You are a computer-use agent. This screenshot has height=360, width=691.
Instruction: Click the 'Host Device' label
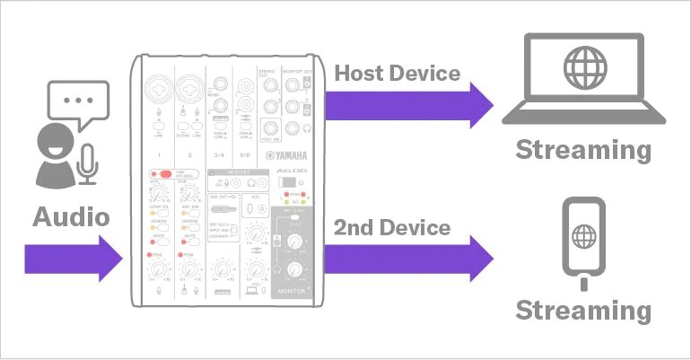point(397,72)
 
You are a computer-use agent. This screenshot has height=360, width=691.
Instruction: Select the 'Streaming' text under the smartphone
point(583,310)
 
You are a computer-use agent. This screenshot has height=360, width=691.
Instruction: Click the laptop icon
point(583,81)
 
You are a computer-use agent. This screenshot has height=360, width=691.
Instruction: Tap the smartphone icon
point(584,236)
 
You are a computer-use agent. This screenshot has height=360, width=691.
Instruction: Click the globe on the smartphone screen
point(584,238)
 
